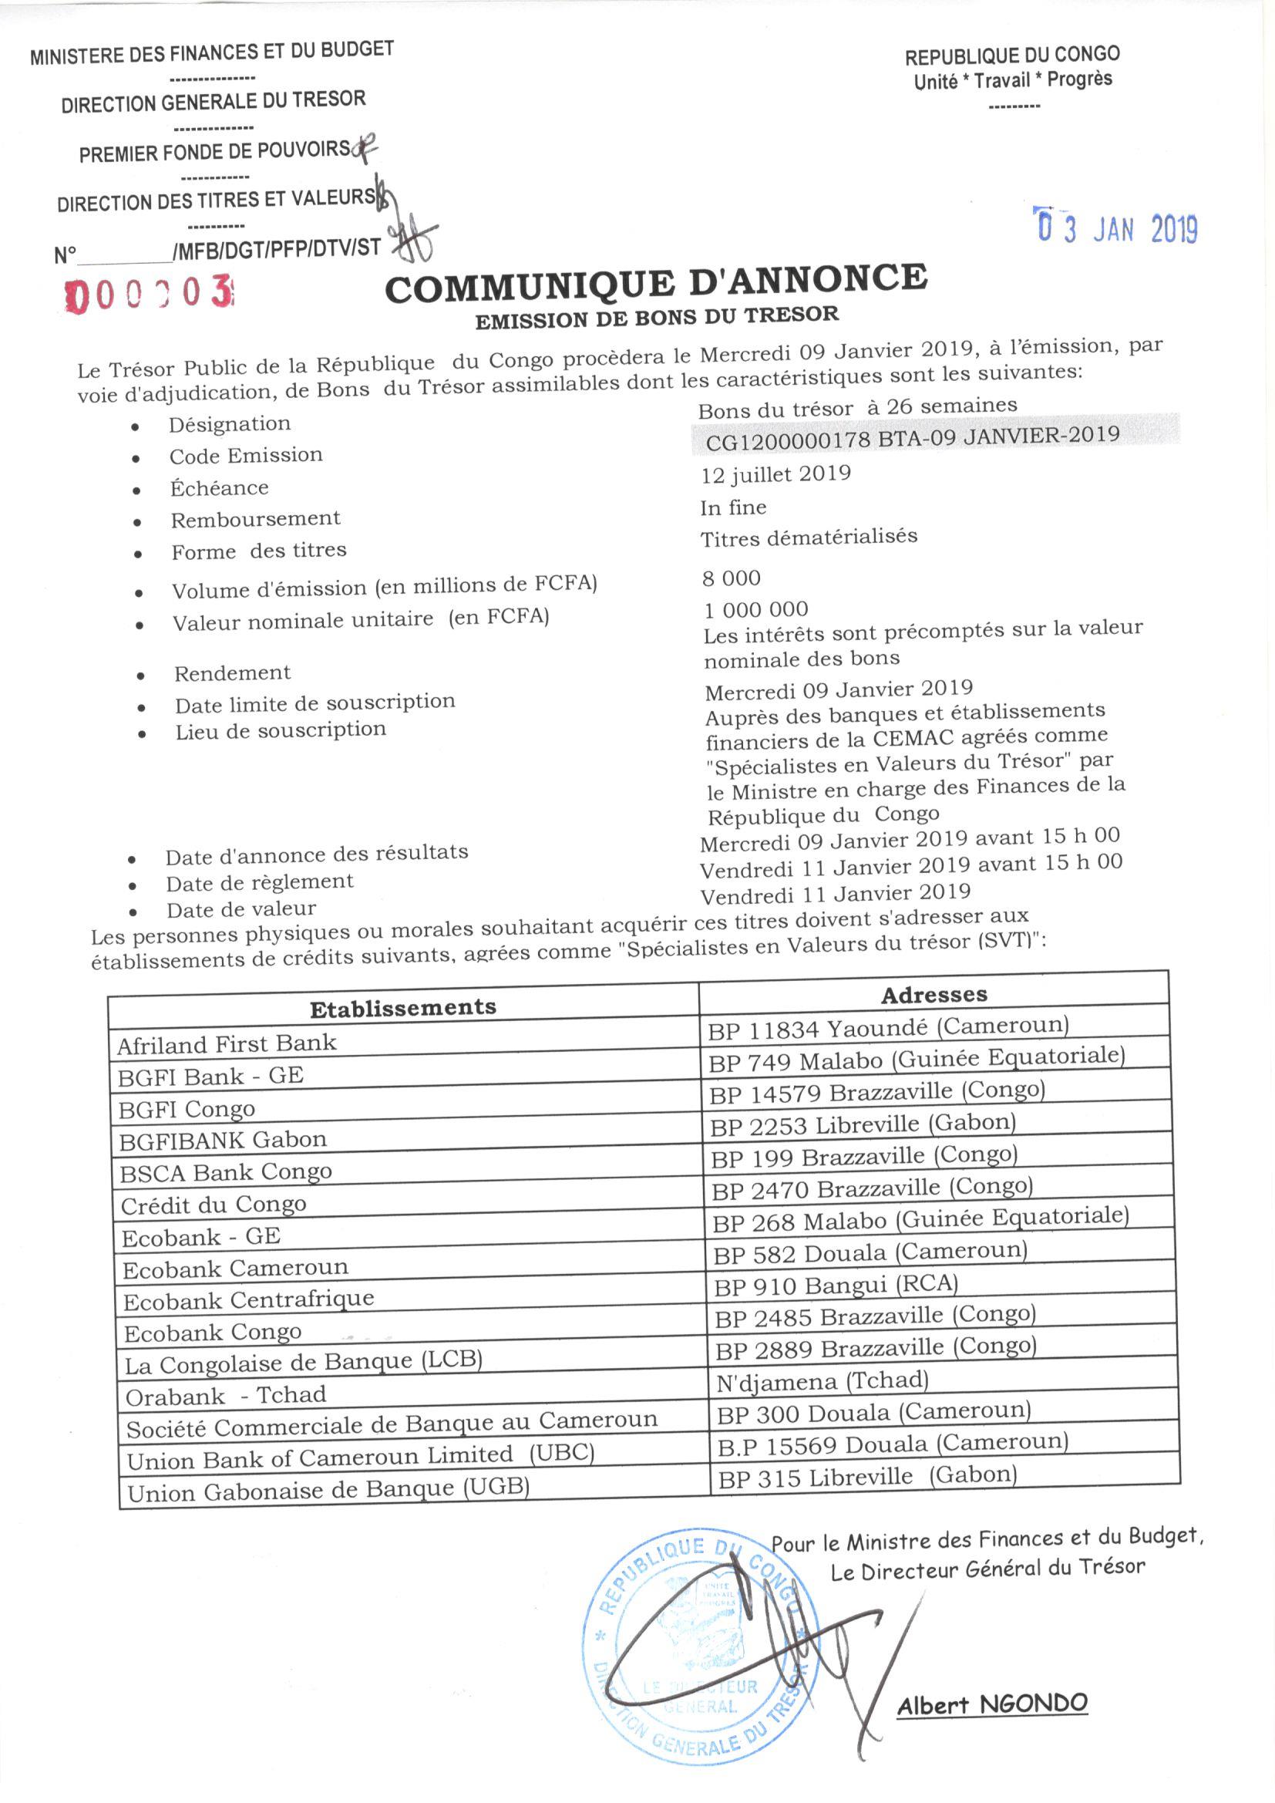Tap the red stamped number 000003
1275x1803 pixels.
152,295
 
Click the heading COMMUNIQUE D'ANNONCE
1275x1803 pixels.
655,285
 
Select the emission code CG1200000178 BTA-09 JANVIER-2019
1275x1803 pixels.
912,437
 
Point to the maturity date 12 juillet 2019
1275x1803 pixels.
775,473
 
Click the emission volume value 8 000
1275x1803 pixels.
731,578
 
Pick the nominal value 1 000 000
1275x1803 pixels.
755,609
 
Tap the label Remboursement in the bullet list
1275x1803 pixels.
255,519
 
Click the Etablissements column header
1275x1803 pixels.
402,1008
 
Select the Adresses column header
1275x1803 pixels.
933,995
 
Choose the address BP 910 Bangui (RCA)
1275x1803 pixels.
836,1286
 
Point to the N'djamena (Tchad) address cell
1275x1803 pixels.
822,1380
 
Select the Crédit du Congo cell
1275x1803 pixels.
214,1205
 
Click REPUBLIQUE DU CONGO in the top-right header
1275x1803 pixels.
1012,56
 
